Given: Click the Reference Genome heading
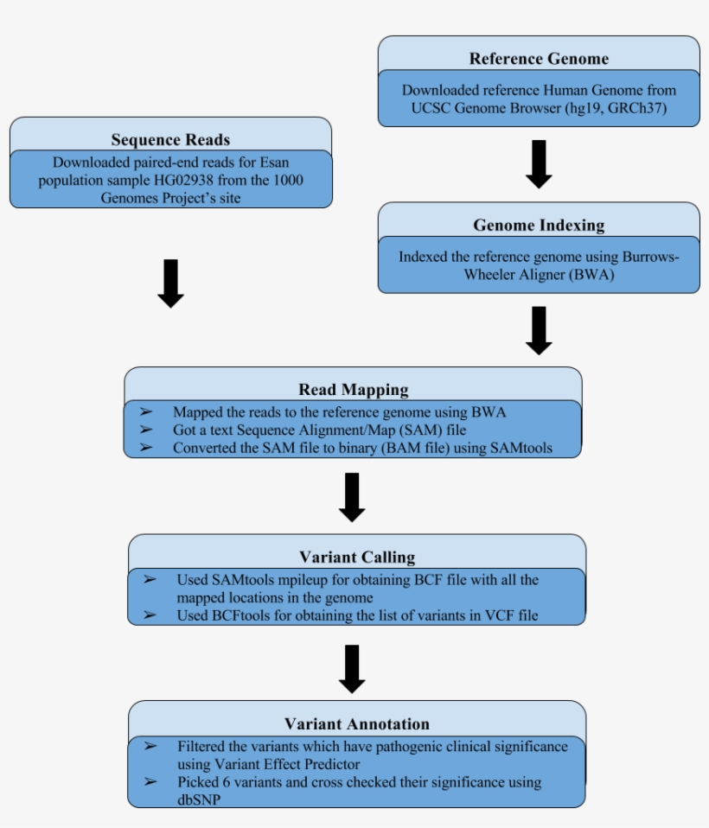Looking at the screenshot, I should pos(539,59).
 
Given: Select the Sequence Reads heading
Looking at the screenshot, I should pos(170,140).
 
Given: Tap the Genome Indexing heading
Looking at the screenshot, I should pos(539,226).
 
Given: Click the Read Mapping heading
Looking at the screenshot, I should pos(353,390).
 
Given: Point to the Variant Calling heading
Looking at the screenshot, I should pos(357,557).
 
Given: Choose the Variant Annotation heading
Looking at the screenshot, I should pos(357,723).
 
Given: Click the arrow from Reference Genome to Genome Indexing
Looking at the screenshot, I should pos(539,164).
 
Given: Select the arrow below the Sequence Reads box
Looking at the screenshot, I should pos(170,283).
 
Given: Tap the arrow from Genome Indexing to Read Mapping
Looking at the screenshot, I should pos(539,330).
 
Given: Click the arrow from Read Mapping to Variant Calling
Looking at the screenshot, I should pos(352,497).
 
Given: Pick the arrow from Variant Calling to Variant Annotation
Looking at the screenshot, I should pos(352,668).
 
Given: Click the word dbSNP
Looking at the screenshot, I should pos(199,799).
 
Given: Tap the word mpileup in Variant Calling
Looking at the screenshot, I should pos(307,580).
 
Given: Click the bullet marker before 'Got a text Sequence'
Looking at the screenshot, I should pos(146,430).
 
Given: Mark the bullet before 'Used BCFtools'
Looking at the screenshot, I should pos(150,615).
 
